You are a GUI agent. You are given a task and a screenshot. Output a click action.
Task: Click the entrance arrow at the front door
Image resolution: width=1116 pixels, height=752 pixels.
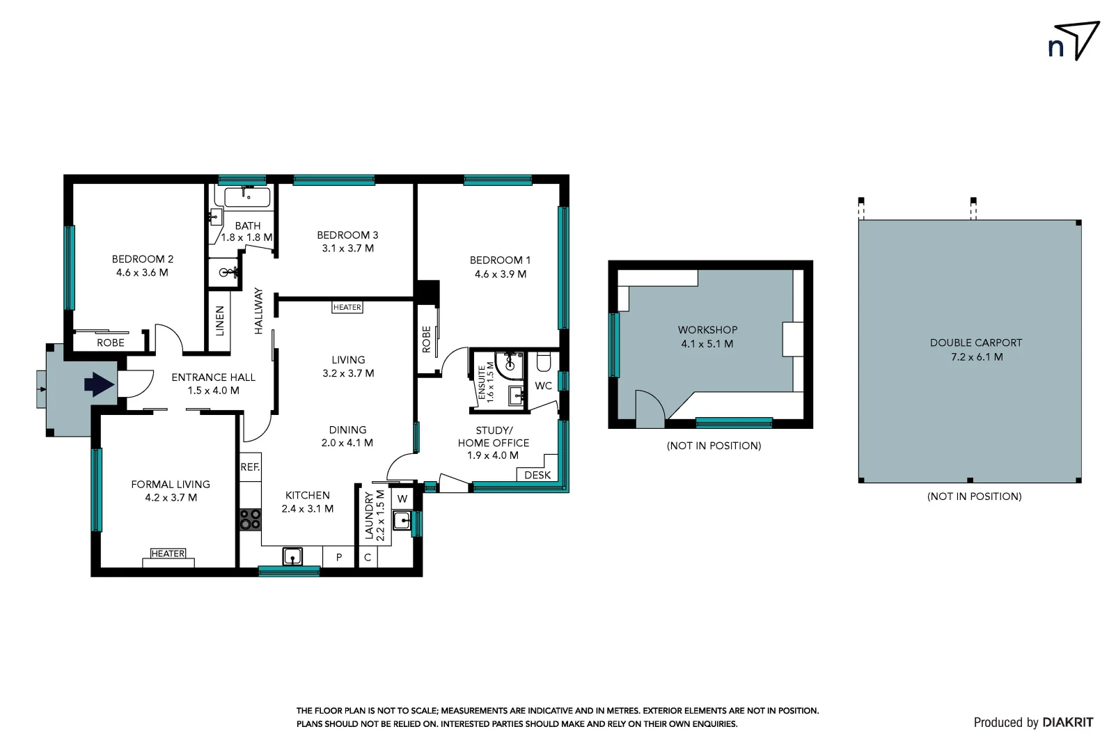point(99,384)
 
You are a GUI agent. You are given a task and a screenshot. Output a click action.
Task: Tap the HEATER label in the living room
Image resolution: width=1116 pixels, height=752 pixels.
point(347,307)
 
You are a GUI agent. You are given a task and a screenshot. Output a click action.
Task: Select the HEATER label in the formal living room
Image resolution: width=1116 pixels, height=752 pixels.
point(168,554)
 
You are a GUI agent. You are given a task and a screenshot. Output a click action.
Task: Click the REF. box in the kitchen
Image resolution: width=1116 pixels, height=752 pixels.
point(250,467)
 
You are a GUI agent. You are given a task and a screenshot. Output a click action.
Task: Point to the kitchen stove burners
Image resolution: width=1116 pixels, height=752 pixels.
point(250,519)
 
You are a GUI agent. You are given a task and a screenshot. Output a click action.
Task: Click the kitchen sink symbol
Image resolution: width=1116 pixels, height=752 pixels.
point(293,556)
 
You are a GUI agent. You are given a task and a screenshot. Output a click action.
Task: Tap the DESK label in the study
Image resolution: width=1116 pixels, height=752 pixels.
point(537,475)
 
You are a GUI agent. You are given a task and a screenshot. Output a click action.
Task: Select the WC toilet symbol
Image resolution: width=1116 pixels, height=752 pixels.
point(544,362)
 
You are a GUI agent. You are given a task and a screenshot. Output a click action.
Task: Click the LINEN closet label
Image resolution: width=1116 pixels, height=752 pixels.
point(220,321)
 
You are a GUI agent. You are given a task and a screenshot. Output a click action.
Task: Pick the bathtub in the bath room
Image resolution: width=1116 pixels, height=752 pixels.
point(242,197)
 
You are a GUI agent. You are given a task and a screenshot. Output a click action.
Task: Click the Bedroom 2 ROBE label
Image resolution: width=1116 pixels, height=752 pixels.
point(111,343)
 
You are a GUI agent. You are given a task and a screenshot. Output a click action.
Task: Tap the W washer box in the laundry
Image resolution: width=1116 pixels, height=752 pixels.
point(402,499)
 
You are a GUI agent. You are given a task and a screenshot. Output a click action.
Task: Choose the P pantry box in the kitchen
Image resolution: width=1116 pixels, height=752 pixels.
point(339,557)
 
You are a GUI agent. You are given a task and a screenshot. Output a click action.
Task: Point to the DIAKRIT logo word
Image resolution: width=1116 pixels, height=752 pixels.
point(1067,723)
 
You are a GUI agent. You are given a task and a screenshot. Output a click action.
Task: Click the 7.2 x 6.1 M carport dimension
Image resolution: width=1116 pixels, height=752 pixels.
point(976,357)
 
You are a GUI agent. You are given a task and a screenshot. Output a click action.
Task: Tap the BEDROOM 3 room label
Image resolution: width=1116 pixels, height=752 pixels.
point(347,235)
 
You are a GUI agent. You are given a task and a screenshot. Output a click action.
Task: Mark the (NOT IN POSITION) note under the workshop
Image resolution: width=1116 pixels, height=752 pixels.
point(714,446)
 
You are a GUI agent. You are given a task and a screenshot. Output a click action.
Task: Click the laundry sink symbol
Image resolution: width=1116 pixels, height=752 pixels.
point(402,520)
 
